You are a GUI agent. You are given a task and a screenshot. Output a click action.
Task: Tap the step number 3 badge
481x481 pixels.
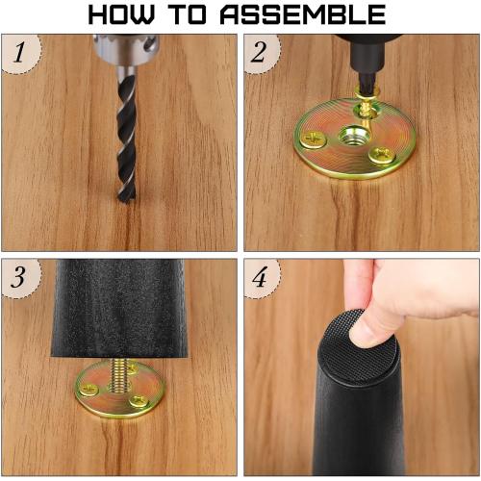(17, 278)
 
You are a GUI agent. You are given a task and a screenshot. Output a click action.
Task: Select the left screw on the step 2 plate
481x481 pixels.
(314, 140)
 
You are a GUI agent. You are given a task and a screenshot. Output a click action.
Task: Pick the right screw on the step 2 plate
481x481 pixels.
(382, 153)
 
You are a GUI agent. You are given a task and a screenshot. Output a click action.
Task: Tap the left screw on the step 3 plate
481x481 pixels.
(89, 389)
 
